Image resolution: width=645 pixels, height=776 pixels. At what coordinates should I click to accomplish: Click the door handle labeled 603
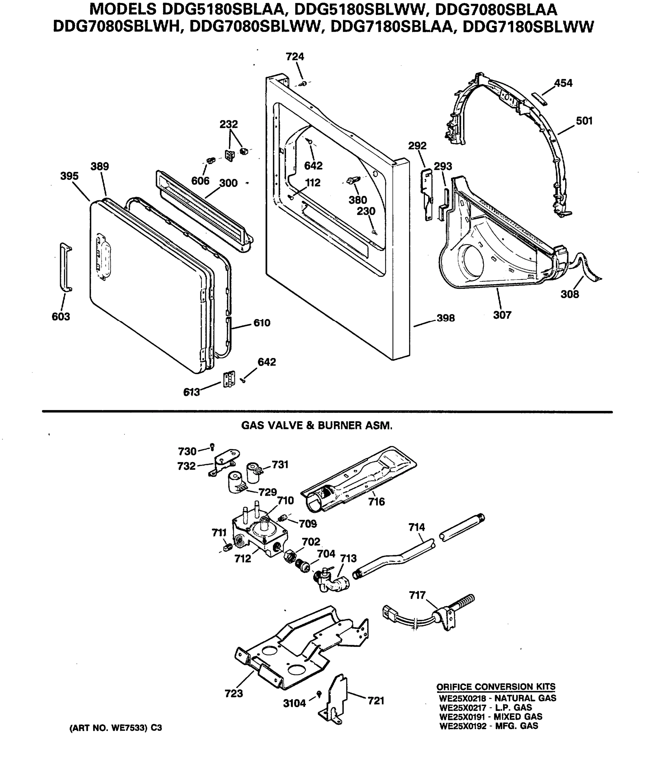click(66, 267)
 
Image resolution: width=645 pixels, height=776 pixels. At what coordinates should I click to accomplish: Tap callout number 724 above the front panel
click(295, 57)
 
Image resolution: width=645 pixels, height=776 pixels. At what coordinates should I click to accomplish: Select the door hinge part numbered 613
click(229, 379)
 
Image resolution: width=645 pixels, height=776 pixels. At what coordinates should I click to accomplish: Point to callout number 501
click(584, 121)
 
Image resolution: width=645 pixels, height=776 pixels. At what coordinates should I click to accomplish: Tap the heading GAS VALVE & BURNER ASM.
click(317, 426)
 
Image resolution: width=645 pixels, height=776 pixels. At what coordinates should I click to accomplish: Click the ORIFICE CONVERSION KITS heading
click(496, 686)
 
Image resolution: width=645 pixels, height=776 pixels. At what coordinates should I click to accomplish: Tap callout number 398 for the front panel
click(446, 318)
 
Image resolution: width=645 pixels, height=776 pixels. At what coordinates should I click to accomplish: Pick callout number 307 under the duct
click(502, 315)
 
